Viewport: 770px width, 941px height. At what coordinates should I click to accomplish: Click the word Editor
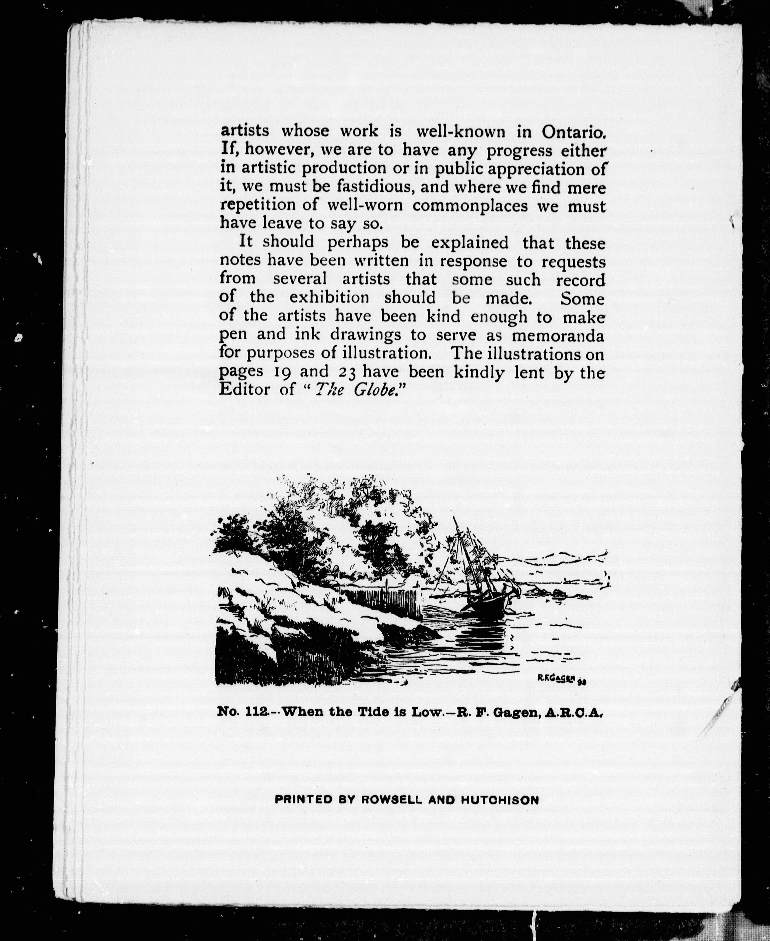244,390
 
